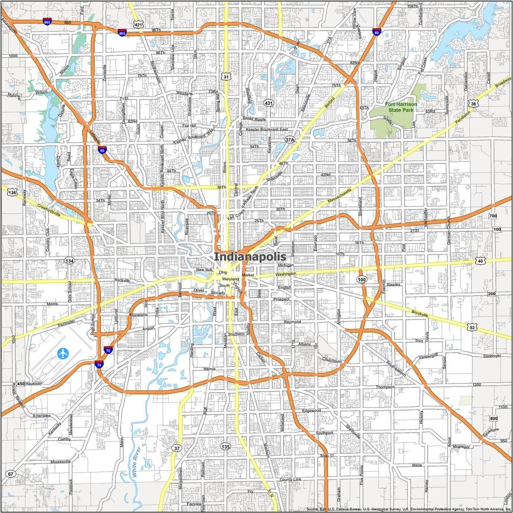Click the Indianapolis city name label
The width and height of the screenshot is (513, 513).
point(250,257)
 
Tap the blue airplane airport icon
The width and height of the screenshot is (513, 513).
point(63,353)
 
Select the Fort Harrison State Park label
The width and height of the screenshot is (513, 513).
point(400,107)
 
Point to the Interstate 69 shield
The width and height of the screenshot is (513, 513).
point(377,32)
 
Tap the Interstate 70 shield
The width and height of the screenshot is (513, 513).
point(108,350)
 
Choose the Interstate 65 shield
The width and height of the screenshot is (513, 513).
point(102,150)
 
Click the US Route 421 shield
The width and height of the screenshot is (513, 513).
point(139,25)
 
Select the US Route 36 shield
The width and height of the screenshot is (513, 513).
point(473,104)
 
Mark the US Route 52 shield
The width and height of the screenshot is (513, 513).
point(471,327)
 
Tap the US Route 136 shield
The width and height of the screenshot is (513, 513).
point(13,193)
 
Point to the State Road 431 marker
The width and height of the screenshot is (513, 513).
point(268,103)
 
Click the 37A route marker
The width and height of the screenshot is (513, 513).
point(289,140)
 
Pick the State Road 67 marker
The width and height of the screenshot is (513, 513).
point(11,474)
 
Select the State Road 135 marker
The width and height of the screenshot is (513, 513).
point(225,446)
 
